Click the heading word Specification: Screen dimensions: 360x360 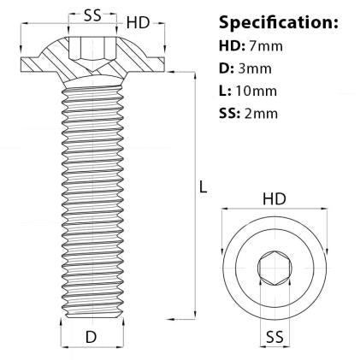coord(278,21)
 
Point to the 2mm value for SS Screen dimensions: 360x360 coord(261,112)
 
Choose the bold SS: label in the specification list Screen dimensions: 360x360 coord(232,112)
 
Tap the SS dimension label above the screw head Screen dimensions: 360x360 coord(96,15)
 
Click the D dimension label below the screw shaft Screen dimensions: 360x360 coord(91,337)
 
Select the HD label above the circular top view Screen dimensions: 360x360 coord(274,199)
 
